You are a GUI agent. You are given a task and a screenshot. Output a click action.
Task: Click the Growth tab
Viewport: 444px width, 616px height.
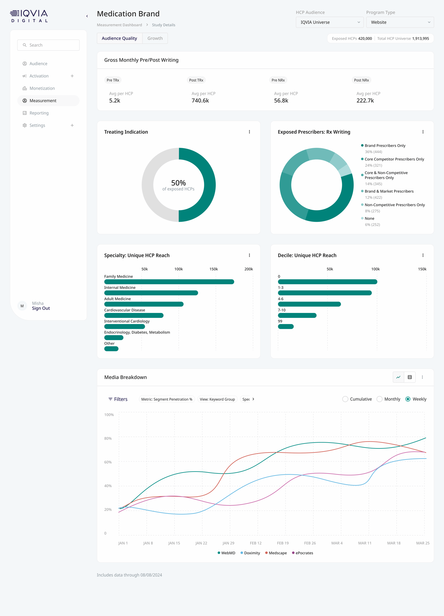[x=155, y=38]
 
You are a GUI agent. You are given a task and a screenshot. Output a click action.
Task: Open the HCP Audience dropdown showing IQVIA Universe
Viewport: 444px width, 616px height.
[x=329, y=22]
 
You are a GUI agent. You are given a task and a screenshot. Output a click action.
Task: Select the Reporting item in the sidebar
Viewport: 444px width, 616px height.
[x=39, y=113]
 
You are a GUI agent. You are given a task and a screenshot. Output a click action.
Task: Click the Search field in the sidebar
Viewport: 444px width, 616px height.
[x=48, y=45]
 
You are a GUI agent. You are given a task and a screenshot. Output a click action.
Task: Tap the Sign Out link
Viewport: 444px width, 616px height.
[x=41, y=308]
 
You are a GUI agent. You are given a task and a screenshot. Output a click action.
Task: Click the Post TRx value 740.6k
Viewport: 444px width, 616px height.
[x=200, y=101]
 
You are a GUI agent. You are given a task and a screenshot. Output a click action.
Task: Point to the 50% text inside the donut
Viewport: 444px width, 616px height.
[x=178, y=183]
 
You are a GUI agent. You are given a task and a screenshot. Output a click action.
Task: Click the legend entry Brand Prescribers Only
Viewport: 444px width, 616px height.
[x=385, y=146]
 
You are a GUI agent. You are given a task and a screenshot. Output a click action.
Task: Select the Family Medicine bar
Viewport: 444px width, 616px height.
[x=169, y=282]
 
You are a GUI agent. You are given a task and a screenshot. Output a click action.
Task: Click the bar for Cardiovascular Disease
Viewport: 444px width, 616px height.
[x=134, y=315]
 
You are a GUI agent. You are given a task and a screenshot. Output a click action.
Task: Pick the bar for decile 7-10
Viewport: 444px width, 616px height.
[x=297, y=315]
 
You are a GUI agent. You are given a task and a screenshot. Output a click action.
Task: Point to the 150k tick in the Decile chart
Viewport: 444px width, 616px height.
[x=422, y=269]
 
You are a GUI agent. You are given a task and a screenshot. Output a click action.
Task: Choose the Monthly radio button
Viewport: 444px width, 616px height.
[x=380, y=399]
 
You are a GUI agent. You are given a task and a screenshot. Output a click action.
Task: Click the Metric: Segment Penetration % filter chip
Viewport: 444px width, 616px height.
[x=167, y=399]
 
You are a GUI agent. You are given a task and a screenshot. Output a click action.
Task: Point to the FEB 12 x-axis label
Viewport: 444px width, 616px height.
[x=255, y=543]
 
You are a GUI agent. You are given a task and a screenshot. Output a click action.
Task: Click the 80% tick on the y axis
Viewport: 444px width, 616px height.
[x=108, y=438]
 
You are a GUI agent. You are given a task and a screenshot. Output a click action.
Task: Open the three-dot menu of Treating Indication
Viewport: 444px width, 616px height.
[x=249, y=132]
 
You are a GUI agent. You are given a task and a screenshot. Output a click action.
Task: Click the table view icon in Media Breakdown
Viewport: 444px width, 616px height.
[x=409, y=377]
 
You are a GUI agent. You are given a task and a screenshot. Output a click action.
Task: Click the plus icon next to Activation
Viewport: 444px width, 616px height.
[x=72, y=76]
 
